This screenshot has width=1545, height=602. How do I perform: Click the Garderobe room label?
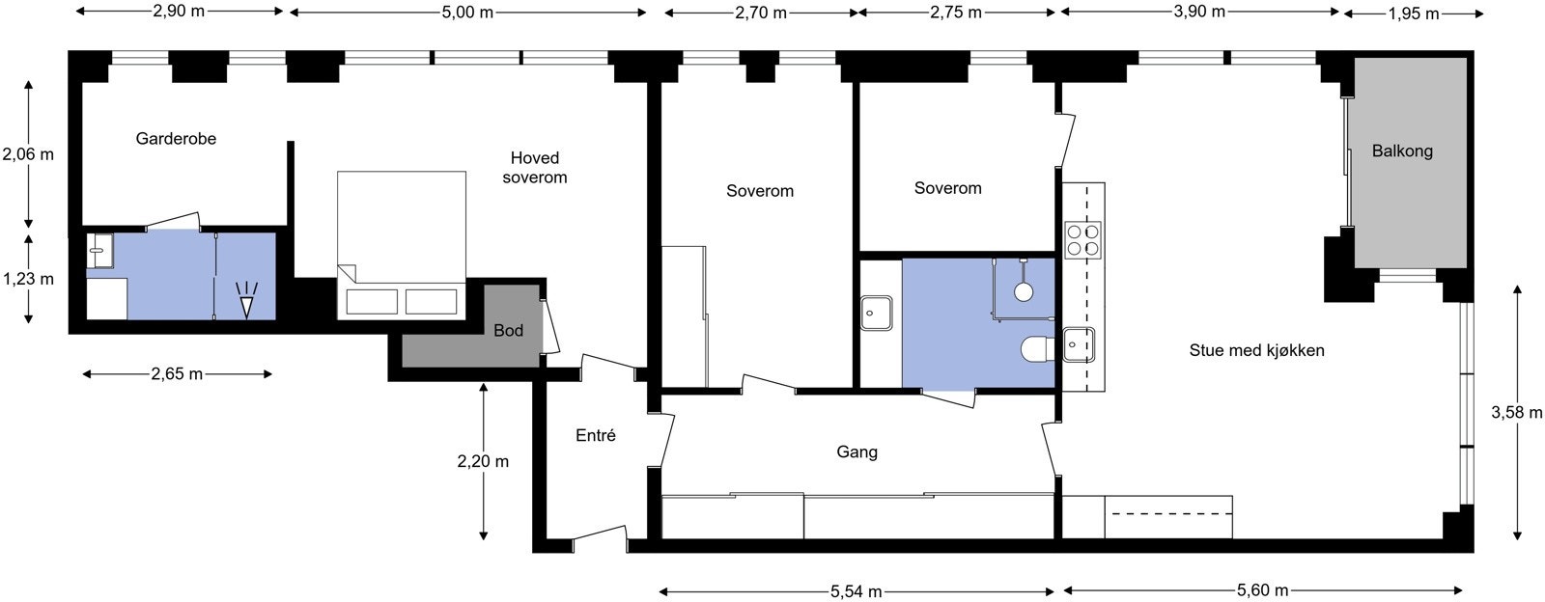tap(176, 139)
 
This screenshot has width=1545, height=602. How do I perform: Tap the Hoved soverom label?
tap(535, 167)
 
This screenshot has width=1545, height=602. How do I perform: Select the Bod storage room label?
tap(508, 331)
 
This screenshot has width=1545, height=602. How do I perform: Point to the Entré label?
tap(595, 435)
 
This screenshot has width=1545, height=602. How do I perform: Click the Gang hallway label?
tap(857, 451)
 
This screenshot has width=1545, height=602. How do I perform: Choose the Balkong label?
tap(1402, 150)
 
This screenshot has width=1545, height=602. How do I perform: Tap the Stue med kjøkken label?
tap(1256, 350)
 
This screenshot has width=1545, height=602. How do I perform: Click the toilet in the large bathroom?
tap(1037, 348)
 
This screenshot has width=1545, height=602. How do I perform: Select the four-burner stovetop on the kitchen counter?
tap(1082, 239)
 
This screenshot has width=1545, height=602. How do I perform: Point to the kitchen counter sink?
tap(1079, 344)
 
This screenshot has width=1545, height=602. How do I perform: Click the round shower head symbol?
tap(1024, 290)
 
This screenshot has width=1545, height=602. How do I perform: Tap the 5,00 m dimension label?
tap(467, 13)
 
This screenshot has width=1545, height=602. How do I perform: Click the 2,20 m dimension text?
tap(483, 461)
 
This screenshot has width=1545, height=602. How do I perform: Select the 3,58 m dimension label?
tap(1517, 413)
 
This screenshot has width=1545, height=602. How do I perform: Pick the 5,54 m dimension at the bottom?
tap(856, 591)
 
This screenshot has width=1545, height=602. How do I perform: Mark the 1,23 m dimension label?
tap(28, 279)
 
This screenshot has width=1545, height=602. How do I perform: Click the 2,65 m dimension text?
tap(178, 374)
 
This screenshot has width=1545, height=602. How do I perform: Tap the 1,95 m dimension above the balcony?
tap(1414, 14)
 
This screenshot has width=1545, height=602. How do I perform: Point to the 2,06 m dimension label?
tap(28, 154)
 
